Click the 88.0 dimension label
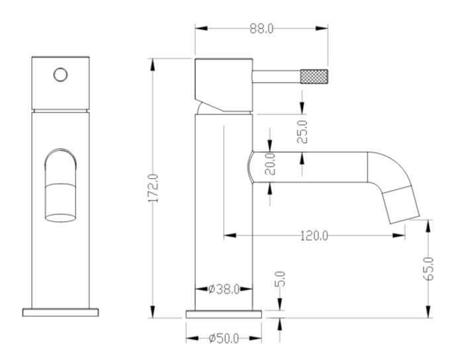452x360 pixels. click(261, 29)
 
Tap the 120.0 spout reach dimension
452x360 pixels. click(314, 236)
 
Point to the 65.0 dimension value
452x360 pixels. click(428, 268)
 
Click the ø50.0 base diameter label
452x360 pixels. click(224, 338)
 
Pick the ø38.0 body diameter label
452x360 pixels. click(224, 289)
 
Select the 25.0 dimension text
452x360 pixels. click(302, 132)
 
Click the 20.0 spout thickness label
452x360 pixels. click(270, 163)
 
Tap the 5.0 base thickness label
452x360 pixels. click(280, 279)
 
